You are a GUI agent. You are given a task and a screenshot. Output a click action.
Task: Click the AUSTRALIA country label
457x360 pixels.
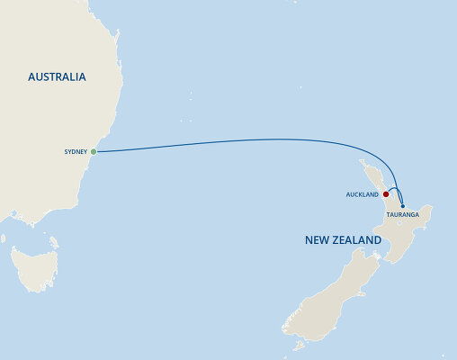tap(56, 77)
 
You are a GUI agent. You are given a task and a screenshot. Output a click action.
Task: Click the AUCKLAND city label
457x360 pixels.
tap(362, 193)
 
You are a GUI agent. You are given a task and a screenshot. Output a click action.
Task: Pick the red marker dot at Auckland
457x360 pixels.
tap(385, 193)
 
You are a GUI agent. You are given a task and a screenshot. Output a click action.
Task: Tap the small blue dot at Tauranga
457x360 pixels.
tap(402, 206)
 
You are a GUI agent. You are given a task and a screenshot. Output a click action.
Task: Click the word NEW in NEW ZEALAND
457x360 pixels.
tap(322, 241)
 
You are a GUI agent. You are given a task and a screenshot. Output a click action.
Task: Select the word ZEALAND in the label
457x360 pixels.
tap(360, 241)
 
